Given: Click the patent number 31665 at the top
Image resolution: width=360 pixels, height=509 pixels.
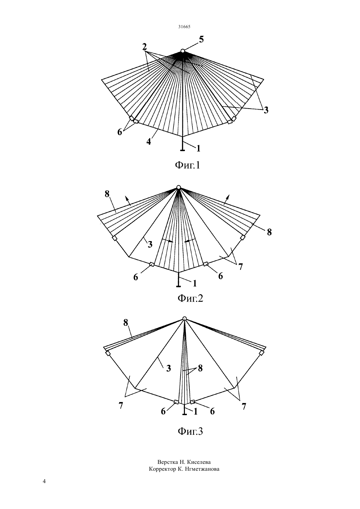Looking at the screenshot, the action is tap(184, 26).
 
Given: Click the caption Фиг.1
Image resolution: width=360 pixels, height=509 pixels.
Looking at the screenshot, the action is tap(188, 165).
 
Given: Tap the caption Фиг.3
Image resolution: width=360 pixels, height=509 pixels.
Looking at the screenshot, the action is tap(190, 431).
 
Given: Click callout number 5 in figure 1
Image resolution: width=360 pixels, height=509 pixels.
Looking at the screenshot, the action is tap(201, 40).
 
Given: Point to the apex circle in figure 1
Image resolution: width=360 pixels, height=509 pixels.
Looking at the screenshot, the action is tap(183, 51).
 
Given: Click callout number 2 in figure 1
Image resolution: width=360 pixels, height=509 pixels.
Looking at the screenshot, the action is tap(144, 47).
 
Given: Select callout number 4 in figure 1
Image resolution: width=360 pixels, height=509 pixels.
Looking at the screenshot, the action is tap(149, 142).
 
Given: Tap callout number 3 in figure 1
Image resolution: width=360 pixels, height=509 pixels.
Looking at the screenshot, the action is tap(266, 110).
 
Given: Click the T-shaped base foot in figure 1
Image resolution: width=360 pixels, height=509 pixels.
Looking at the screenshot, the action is tap(183, 150).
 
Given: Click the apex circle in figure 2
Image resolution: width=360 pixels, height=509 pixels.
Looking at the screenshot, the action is tap(179, 187).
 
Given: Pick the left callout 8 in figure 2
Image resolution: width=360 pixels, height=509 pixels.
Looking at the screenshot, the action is tap(107, 194).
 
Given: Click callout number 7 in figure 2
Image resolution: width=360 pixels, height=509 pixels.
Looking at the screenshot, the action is tap(241, 267).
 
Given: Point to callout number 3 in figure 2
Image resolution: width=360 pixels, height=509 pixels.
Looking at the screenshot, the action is tap(150, 244).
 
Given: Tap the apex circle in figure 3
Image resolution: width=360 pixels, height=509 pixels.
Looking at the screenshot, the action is tap(185, 318).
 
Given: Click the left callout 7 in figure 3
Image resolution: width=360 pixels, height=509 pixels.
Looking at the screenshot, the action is tap(121, 405).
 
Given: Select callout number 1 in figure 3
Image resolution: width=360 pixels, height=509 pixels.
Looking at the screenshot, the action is tap(195, 412).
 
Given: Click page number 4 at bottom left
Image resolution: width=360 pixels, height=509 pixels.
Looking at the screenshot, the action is tap(44, 481).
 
